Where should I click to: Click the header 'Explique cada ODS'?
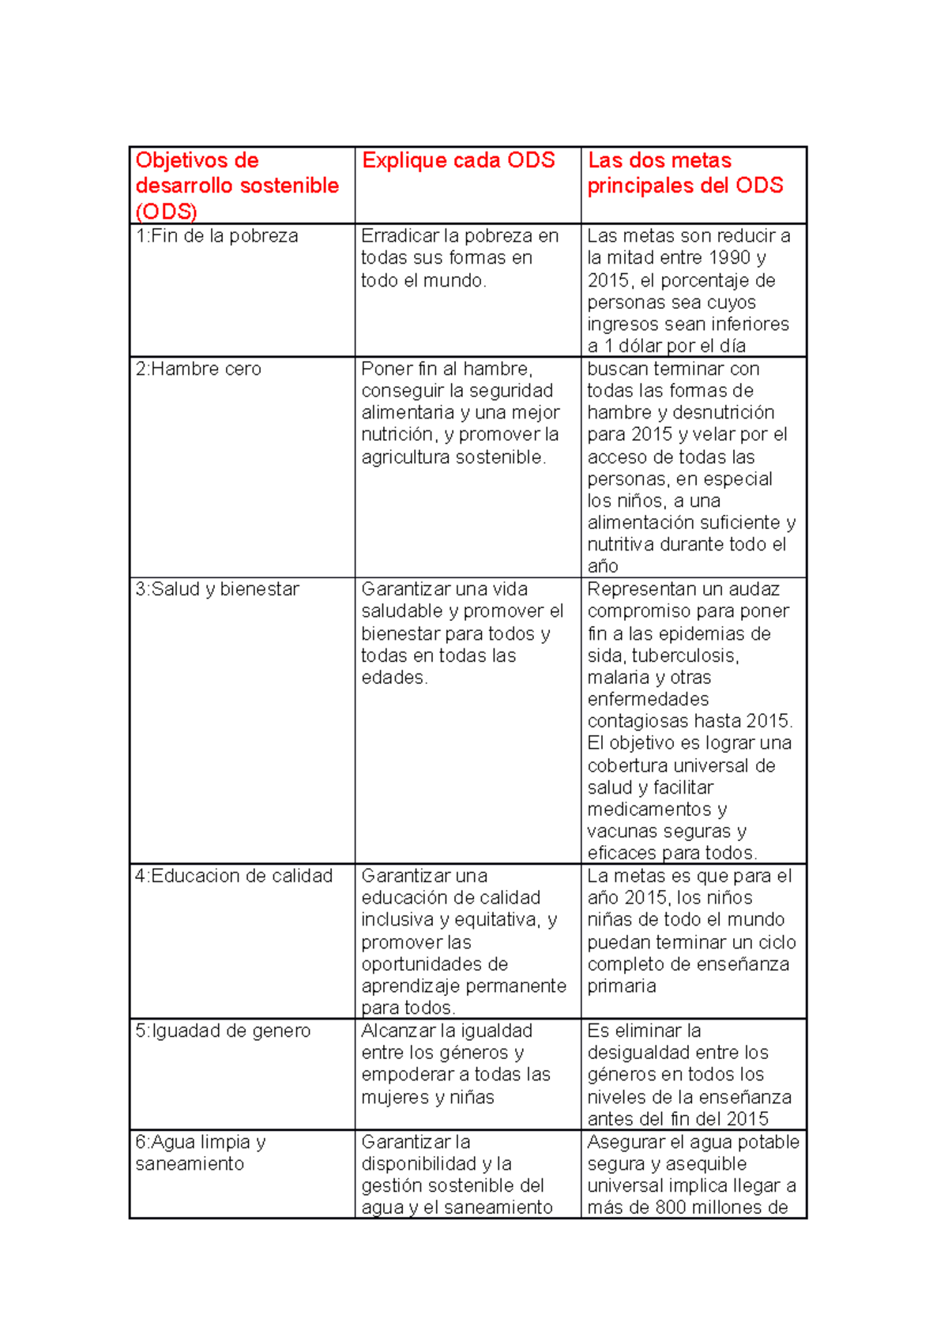[x=458, y=160]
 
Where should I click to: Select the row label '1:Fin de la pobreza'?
[x=216, y=236]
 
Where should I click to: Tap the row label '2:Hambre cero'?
[x=198, y=369]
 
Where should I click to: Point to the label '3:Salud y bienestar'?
[x=217, y=589]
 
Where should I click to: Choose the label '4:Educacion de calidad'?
[x=234, y=876]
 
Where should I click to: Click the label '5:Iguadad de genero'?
[x=223, y=1031]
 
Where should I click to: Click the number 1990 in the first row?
[x=729, y=257]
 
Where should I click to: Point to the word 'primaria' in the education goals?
[x=622, y=986]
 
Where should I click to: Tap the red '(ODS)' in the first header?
[x=167, y=212]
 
